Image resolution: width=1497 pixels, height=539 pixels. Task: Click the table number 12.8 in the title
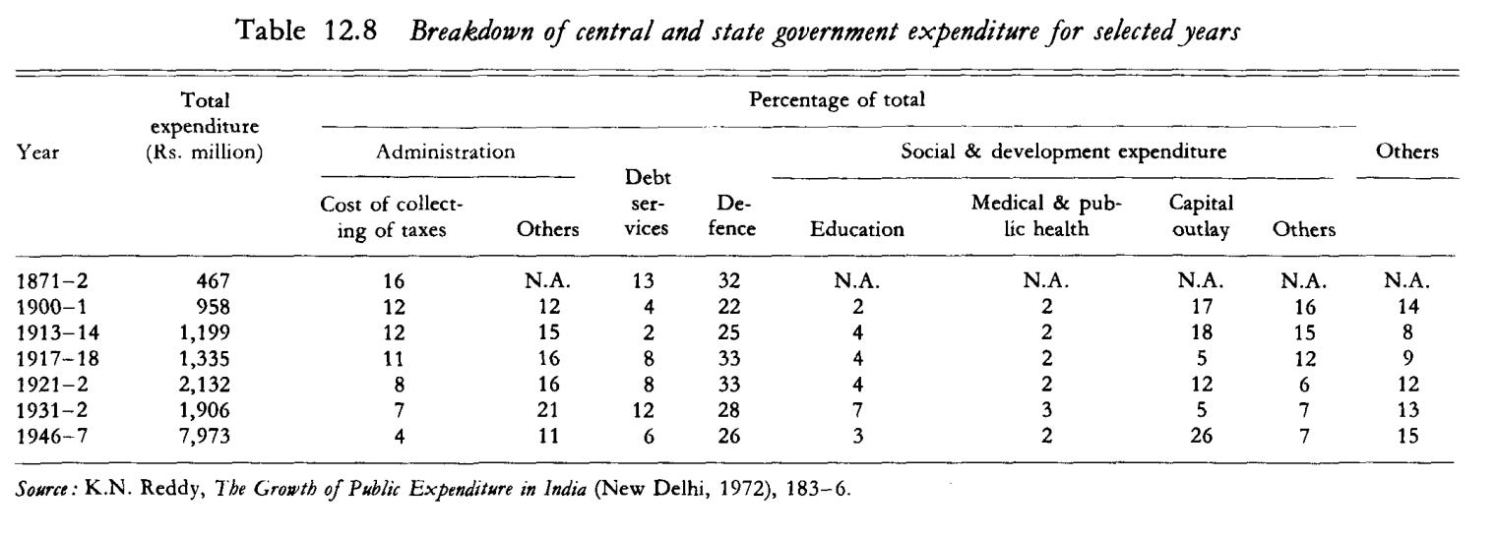[x=350, y=30]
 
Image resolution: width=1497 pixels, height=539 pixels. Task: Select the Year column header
[x=38, y=152]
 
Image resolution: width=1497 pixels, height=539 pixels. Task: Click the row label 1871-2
[x=52, y=280]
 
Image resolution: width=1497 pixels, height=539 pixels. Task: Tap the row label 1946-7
[x=52, y=436]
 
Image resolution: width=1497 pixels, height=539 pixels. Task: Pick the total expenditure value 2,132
[x=204, y=385]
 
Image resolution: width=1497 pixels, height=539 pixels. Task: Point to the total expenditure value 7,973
[x=204, y=436]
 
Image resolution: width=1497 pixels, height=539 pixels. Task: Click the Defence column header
[x=732, y=215]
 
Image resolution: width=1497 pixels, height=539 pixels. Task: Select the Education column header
[x=857, y=229]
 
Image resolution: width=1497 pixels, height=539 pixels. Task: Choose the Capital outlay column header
[x=1201, y=215]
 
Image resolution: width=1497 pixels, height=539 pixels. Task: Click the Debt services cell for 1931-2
[x=643, y=410]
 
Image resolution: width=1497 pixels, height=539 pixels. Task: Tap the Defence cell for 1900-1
[x=728, y=307]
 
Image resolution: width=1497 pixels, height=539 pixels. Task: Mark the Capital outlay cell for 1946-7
[x=1201, y=436]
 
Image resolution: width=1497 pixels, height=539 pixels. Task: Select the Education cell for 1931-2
[x=858, y=410]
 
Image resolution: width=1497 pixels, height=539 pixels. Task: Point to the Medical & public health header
[x=1046, y=215]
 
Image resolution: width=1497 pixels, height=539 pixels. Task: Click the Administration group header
[x=446, y=151]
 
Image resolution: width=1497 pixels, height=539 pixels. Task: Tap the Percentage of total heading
[x=837, y=99]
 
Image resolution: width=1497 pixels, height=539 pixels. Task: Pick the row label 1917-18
[x=57, y=359]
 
